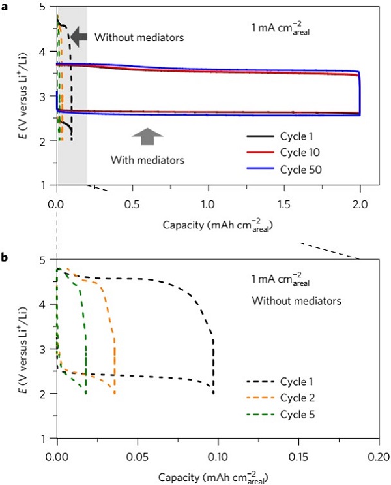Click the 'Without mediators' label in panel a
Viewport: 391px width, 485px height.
pyautogui.click(x=139, y=37)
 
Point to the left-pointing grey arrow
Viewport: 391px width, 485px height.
pyautogui.click(x=79, y=37)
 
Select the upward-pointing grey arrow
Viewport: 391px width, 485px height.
pyautogui.click(x=147, y=136)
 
